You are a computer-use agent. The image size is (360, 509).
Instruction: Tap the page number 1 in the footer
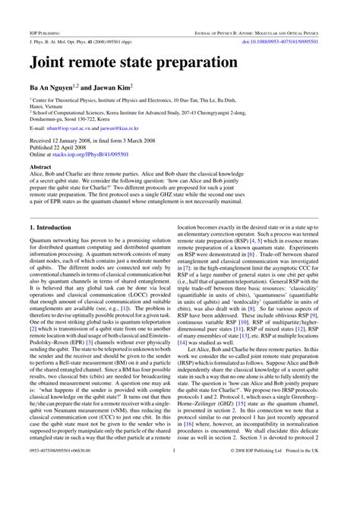coord(175,493)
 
